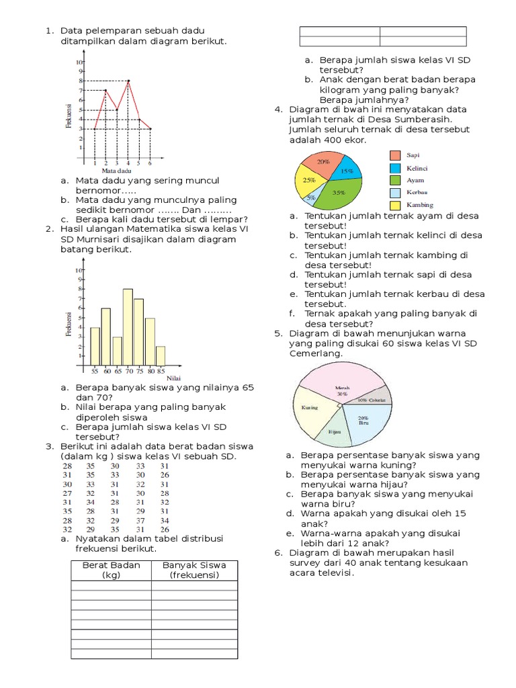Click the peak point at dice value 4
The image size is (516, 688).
(128, 81)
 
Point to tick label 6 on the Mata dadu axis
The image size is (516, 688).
(149, 163)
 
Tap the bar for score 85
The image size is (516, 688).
(161, 355)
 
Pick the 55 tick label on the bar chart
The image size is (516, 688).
(95, 370)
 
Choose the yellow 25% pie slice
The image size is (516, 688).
(308, 181)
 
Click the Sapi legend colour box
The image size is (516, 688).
(396, 155)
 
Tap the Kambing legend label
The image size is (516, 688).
(420, 204)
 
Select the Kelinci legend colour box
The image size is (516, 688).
(396, 167)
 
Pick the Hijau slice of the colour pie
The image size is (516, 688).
(334, 430)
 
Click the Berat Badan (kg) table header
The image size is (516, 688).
(111, 570)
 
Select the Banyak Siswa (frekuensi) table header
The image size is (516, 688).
(194, 570)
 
